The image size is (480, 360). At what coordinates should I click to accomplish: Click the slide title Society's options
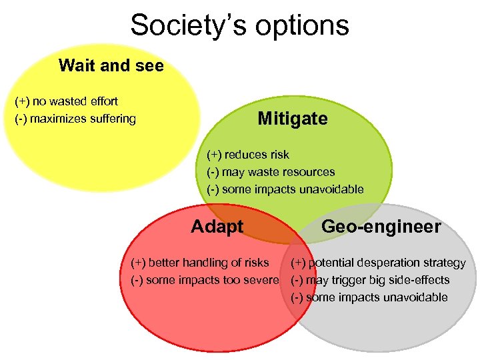click(239, 25)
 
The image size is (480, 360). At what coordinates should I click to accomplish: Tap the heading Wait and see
click(111, 65)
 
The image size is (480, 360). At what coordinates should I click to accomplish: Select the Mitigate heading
click(293, 119)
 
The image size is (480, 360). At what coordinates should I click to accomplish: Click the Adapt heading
click(217, 227)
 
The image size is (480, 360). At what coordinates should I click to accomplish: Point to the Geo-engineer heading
click(381, 227)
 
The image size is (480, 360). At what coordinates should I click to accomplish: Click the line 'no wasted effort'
click(66, 101)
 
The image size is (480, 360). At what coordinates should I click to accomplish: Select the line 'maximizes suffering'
click(75, 119)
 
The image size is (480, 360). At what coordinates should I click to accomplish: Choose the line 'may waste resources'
click(271, 172)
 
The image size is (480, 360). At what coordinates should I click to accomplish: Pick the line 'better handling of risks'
click(200, 263)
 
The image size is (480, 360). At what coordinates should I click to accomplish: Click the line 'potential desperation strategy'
click(378, 263)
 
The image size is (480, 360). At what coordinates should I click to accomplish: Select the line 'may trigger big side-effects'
click(370, 280)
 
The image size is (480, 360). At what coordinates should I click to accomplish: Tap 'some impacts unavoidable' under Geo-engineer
click(369, 297)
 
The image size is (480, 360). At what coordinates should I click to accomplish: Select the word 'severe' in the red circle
click(261, 280)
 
